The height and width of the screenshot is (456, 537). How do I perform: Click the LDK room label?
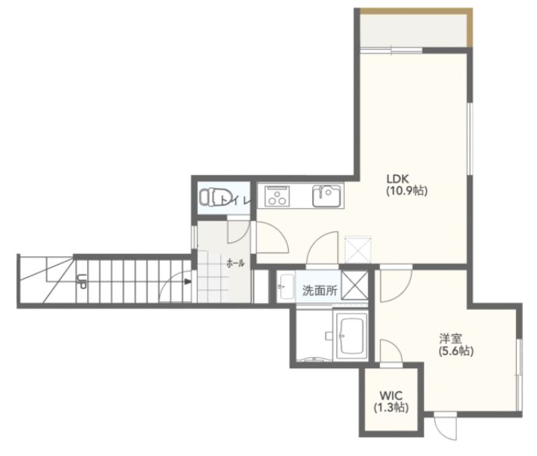(398, 179)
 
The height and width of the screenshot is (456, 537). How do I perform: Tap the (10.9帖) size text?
(407, 190)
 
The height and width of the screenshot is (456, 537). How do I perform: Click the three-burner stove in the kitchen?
(277, 197)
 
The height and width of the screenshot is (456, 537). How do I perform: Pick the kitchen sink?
(327, 196)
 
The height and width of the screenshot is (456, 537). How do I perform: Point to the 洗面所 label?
(320, 291)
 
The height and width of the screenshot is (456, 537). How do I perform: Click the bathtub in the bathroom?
(351, 336)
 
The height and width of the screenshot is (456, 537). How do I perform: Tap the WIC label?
(391, 396)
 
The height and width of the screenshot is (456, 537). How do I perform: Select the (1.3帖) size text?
(391, 407)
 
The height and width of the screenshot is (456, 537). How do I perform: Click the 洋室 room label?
(451, 339)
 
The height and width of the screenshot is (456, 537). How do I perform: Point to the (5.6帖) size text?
(456, 351)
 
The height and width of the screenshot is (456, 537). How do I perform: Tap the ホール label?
(236, 263)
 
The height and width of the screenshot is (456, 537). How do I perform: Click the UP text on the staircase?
(82, 281)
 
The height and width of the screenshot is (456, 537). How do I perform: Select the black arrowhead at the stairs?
(188, 282)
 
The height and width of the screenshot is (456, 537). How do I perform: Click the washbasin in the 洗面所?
(286, 287)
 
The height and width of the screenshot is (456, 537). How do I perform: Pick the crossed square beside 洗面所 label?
(354, 286)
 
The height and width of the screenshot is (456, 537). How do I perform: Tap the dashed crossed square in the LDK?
(358, 249)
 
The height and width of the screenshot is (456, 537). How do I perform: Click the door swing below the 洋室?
(446, 426)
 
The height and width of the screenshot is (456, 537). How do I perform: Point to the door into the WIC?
(391, 353)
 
